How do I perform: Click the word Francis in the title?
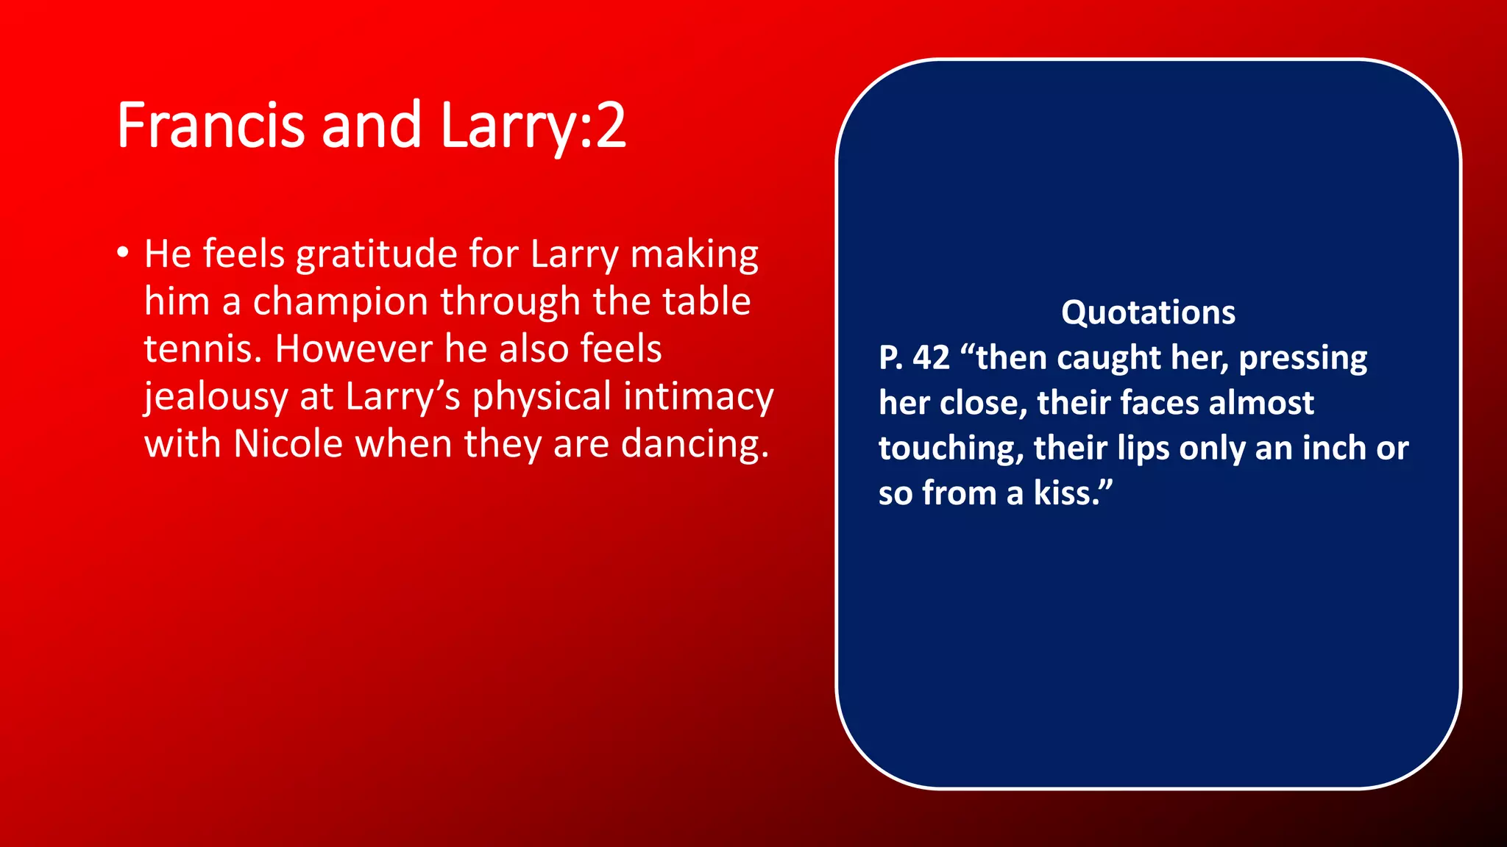point(210,126)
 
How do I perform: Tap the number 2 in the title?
point(611,126)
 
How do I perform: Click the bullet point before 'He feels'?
point(123,254)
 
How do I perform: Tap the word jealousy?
point(216,398)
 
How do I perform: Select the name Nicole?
point(288,445)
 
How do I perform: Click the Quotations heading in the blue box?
point(1148,312)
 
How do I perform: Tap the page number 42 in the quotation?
point(931,358)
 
